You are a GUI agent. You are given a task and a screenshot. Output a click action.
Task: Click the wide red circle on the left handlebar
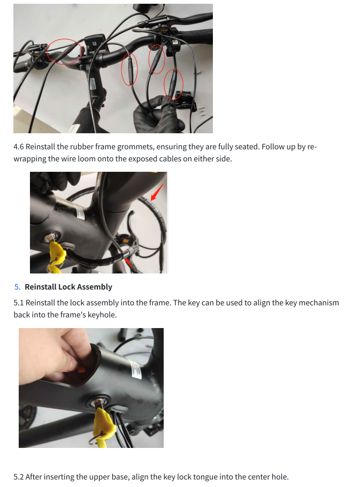click(65, 40)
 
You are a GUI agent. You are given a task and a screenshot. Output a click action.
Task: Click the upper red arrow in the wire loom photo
click(157, 192)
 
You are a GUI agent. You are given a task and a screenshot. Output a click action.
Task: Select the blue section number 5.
click(17, 287)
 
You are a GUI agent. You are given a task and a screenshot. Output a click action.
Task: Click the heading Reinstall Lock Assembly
click(68, 287)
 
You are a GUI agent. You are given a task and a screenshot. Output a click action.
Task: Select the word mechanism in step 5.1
click(319, 302)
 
